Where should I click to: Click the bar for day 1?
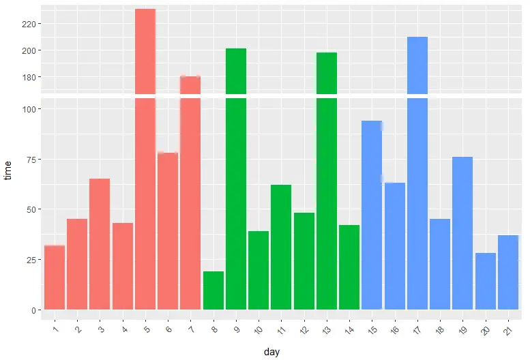[x=55, y=277]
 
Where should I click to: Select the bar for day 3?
[x=100, y=244]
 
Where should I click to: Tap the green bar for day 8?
[x=214, y=290]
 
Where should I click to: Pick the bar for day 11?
[x=281, y=247]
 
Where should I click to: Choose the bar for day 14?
[x=349, y=267]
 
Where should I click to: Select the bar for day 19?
[x=462, y=233]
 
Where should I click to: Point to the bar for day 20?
[x=485, y=281]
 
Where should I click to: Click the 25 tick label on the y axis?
[x=30, y=260]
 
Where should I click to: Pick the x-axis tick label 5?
[x=146, y=330]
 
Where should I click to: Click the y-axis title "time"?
[x=8, y=170]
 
